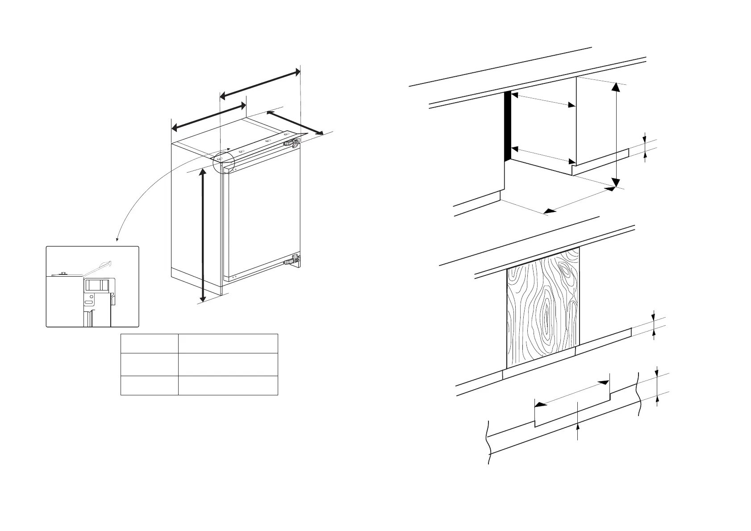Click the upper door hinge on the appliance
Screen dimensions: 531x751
(292, 143)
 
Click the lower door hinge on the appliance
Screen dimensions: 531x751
(293, 259)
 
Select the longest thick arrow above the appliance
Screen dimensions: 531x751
(260, 83)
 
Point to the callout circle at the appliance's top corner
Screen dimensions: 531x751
(224, 162)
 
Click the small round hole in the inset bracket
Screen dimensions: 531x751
(92, 296)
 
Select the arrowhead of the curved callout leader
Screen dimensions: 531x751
(117, 241)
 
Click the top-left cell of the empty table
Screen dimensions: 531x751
(149, 344)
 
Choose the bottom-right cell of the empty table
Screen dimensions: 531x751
(228, 386)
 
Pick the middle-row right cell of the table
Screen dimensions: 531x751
(228, 365)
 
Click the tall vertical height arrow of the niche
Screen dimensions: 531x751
(616, 134)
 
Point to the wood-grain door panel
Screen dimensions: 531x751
(543, 308)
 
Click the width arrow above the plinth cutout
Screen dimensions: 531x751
(572, 393)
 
